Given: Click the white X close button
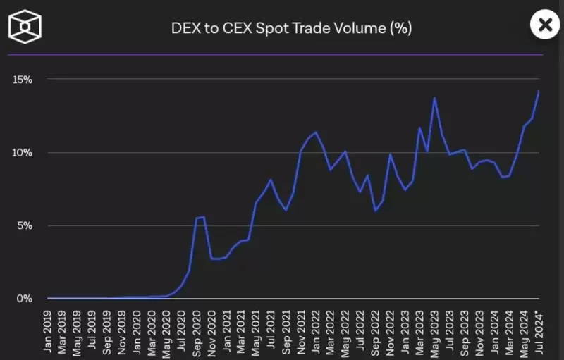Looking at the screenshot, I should point(544,25).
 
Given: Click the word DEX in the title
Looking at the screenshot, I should point(185,28).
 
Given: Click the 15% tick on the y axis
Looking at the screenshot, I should point(23,80).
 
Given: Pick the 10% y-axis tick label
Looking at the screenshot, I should point(23,153).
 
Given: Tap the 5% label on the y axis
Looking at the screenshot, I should point(25,226).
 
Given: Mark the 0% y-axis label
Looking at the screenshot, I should point(25,299).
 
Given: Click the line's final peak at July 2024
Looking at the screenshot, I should point(539,91).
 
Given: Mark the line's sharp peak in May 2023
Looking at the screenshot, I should point(434,98).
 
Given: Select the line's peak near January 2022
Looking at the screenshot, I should point(315,132).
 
